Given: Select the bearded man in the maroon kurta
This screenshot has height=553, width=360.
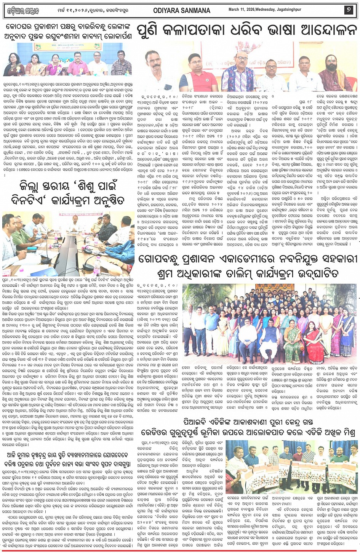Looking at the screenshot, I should coord(336,72).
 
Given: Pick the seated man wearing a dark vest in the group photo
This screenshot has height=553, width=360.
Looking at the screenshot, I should coord(271,335).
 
